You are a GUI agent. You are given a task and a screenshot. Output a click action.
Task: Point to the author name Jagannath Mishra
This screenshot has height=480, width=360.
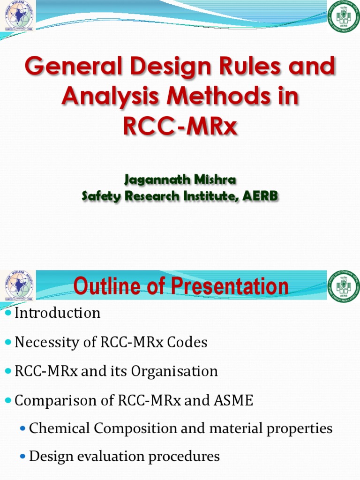pos(180,180)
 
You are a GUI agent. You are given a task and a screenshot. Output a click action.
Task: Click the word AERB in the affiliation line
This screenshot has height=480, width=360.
pos(260,196)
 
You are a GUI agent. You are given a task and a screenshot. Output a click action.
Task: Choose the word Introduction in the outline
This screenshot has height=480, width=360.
pos(57,313)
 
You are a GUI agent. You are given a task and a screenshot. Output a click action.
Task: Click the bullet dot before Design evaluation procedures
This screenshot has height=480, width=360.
pos(22,457)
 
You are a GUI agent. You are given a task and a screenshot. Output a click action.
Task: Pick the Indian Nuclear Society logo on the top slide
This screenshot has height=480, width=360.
pos(19,15)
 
